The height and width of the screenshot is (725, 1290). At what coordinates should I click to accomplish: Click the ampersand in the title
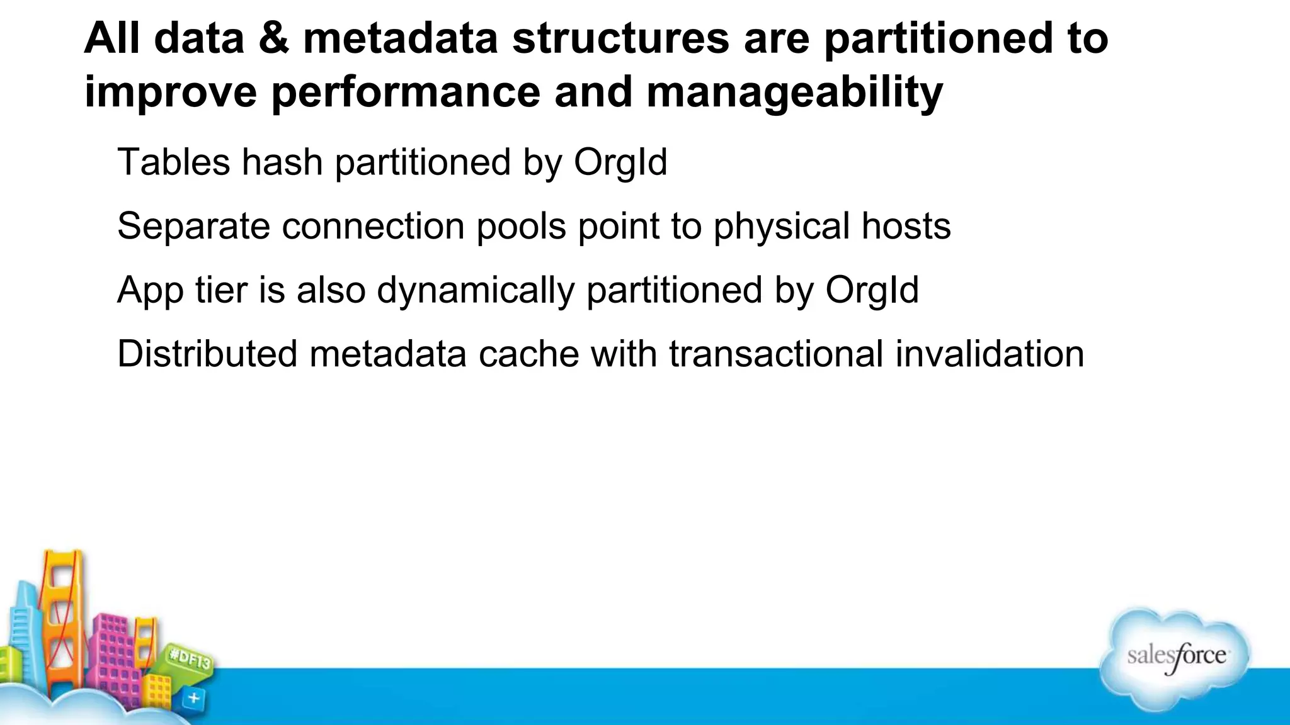pyautogui.click(x=273, y=38)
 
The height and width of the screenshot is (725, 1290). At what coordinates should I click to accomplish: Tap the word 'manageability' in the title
pyautogui.click(x=794, y=92)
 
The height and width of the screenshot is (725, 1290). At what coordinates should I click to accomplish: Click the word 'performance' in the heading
pyautogui.click(x=406, y=92)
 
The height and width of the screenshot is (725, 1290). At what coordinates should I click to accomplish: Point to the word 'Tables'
pyautogui.click(x=174, y=162)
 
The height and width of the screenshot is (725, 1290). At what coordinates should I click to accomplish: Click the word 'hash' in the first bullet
pyautogui.click(x=282, y=162)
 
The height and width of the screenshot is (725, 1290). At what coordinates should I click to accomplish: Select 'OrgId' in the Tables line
pyautogui.click(x=620, y=162)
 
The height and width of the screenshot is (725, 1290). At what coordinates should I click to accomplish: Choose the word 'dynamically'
pyautogui.click(x=476, y=290)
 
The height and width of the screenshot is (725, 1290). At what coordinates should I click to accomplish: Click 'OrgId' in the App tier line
pyautogui.click(x=872, y=290)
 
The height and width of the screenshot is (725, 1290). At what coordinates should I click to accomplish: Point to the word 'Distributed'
pyautogui.click(x=207, y=354)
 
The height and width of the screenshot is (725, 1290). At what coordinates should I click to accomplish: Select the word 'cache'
pyautogui.click(x=528, y=354)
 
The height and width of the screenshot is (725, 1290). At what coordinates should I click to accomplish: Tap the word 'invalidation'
pyautogui.click(x=990, y=354)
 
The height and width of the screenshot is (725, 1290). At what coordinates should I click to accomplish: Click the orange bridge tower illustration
pyautogui.click(x=62, y=604)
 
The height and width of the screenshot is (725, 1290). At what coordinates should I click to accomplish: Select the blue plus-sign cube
pyautogui.click(x=193, y=698)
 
